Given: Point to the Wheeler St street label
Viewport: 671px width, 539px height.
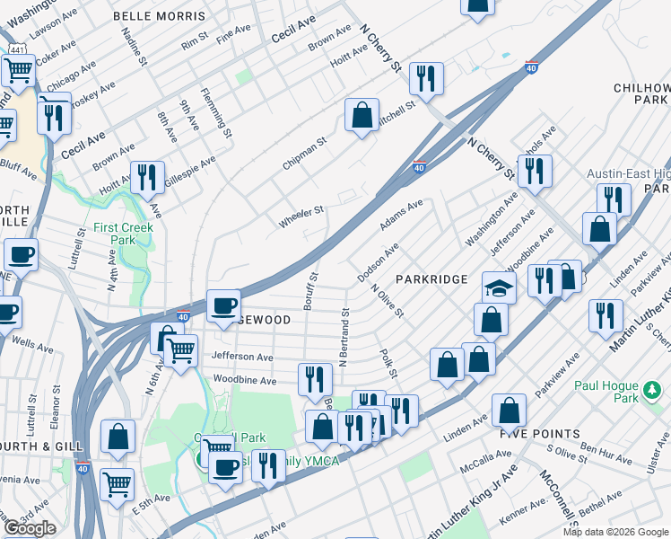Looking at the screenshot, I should pyautogui.click(x=301, y=213).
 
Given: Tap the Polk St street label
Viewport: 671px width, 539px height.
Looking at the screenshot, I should pyautogui.click(x=388, y=363).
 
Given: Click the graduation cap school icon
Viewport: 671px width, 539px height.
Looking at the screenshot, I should pyautogui.click(x=500, y=287).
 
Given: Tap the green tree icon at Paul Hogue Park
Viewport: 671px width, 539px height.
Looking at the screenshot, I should pyautogui.click(x=655, y=390).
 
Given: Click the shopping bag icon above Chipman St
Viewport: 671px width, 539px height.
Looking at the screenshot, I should pyautogui.click(x=362, y=115).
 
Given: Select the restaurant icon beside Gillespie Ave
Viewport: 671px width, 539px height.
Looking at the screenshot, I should pyautogui.click(x=145, y=176).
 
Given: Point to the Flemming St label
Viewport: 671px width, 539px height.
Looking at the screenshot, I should pyautogui.click(x=216, y=111).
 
